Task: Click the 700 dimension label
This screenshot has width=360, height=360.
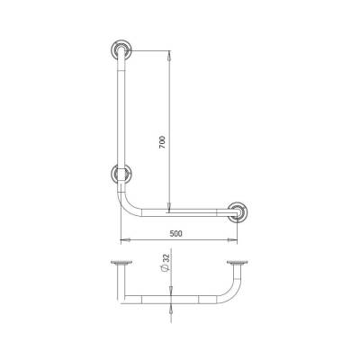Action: coord(162,143)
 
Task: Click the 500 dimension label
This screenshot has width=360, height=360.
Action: coord(175,233)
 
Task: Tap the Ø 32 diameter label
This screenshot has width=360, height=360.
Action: coord(166,263)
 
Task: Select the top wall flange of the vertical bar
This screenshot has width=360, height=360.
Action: coord(121,49)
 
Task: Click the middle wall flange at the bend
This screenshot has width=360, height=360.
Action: coord(121,174)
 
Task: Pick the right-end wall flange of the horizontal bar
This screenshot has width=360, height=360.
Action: coord(238,212)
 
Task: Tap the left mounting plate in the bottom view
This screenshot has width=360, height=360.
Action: coord(121,263)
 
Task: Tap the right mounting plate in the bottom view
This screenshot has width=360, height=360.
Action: coord(238,263)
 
